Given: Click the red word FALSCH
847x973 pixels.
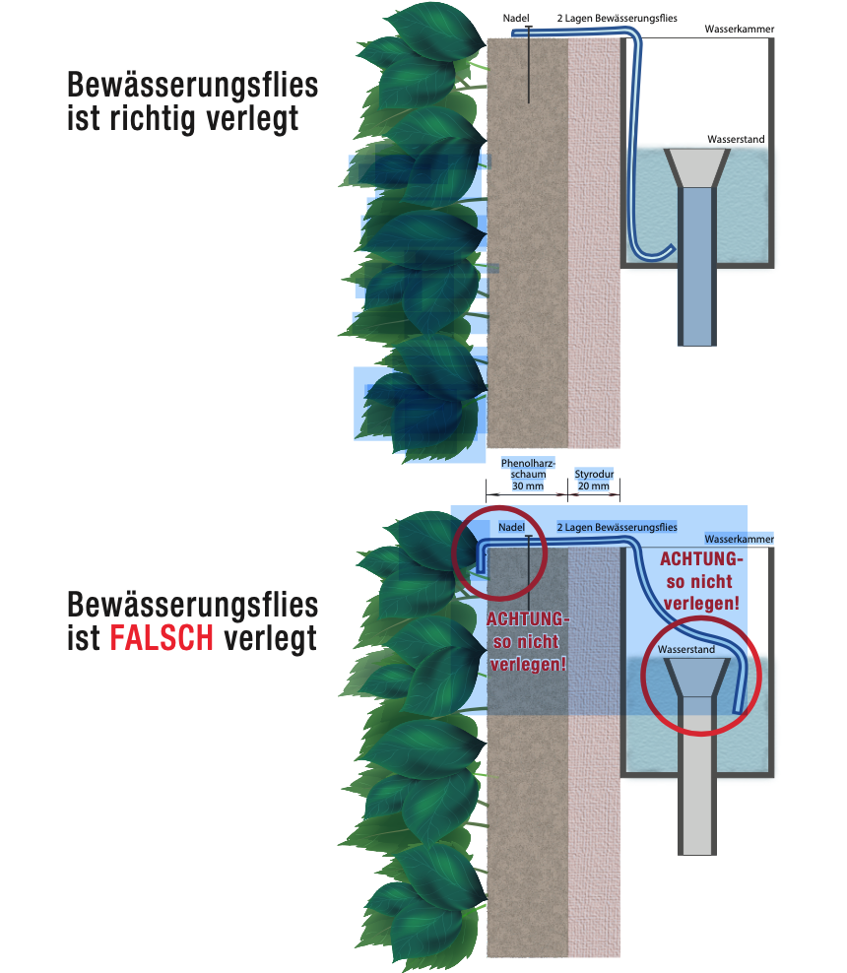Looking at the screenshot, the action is (162, 638).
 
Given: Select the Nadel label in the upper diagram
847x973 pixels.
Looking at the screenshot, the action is (516, 19).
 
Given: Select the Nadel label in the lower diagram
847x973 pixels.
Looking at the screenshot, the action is (511, 528).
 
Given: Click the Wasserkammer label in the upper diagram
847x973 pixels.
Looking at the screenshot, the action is (739, 30).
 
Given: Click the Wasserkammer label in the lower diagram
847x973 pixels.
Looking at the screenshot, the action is (739, 540).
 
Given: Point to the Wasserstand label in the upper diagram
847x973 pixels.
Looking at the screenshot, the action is (735, 140).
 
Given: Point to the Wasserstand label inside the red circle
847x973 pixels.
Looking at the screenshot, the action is (687, 651).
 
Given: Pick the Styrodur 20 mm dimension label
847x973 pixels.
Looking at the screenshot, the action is (594, 480).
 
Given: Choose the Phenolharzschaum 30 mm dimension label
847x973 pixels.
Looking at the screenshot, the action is (528, 474).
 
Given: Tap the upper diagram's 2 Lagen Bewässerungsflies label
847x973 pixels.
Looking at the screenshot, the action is (617, 19).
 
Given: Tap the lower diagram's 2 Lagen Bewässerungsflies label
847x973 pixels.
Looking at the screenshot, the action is (617, 528).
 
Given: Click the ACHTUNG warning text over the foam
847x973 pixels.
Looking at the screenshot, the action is (528, 641).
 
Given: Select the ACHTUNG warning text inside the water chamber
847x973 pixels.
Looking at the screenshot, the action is (701, 580).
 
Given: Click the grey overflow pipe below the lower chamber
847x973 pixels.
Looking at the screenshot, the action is (696, 808).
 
